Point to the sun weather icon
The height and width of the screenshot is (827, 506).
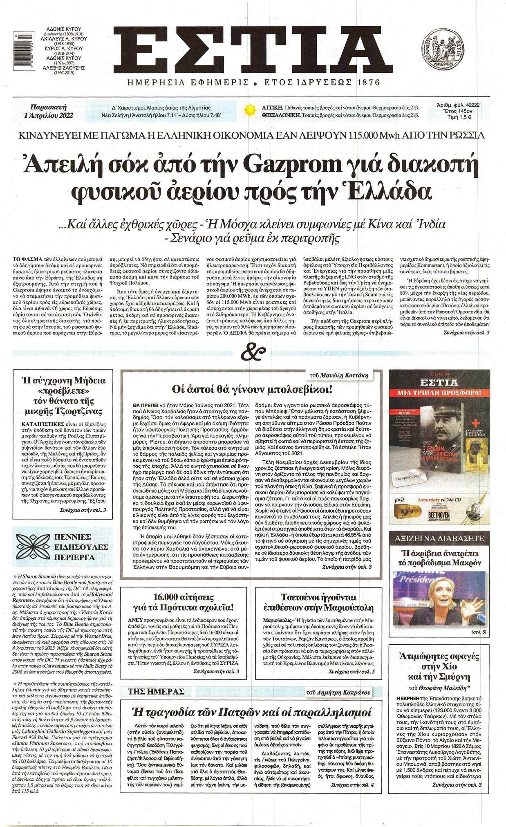click(x=249, y=111)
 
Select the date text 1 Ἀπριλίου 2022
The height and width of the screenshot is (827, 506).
click(x=49, y=115)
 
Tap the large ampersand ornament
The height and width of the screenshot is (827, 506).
click(x=253, y=352)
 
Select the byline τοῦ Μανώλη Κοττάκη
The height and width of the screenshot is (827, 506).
click(x=345, y=375)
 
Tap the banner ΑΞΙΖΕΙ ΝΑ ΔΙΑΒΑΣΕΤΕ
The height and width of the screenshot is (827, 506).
click(x=439, y=538)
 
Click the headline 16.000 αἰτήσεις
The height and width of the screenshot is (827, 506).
click(x=184, y=597)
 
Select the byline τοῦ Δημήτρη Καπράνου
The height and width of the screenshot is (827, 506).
click(x=338, y=692)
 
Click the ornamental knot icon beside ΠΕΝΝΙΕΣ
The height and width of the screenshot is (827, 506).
click(x=33, y=547)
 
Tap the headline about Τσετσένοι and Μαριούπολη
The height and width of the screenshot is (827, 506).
click(x=318, y=602)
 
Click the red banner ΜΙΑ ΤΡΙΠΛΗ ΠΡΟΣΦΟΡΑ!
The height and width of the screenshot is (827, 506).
click(x=439, y=393)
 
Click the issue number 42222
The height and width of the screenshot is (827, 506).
click(x=470, y=105)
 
